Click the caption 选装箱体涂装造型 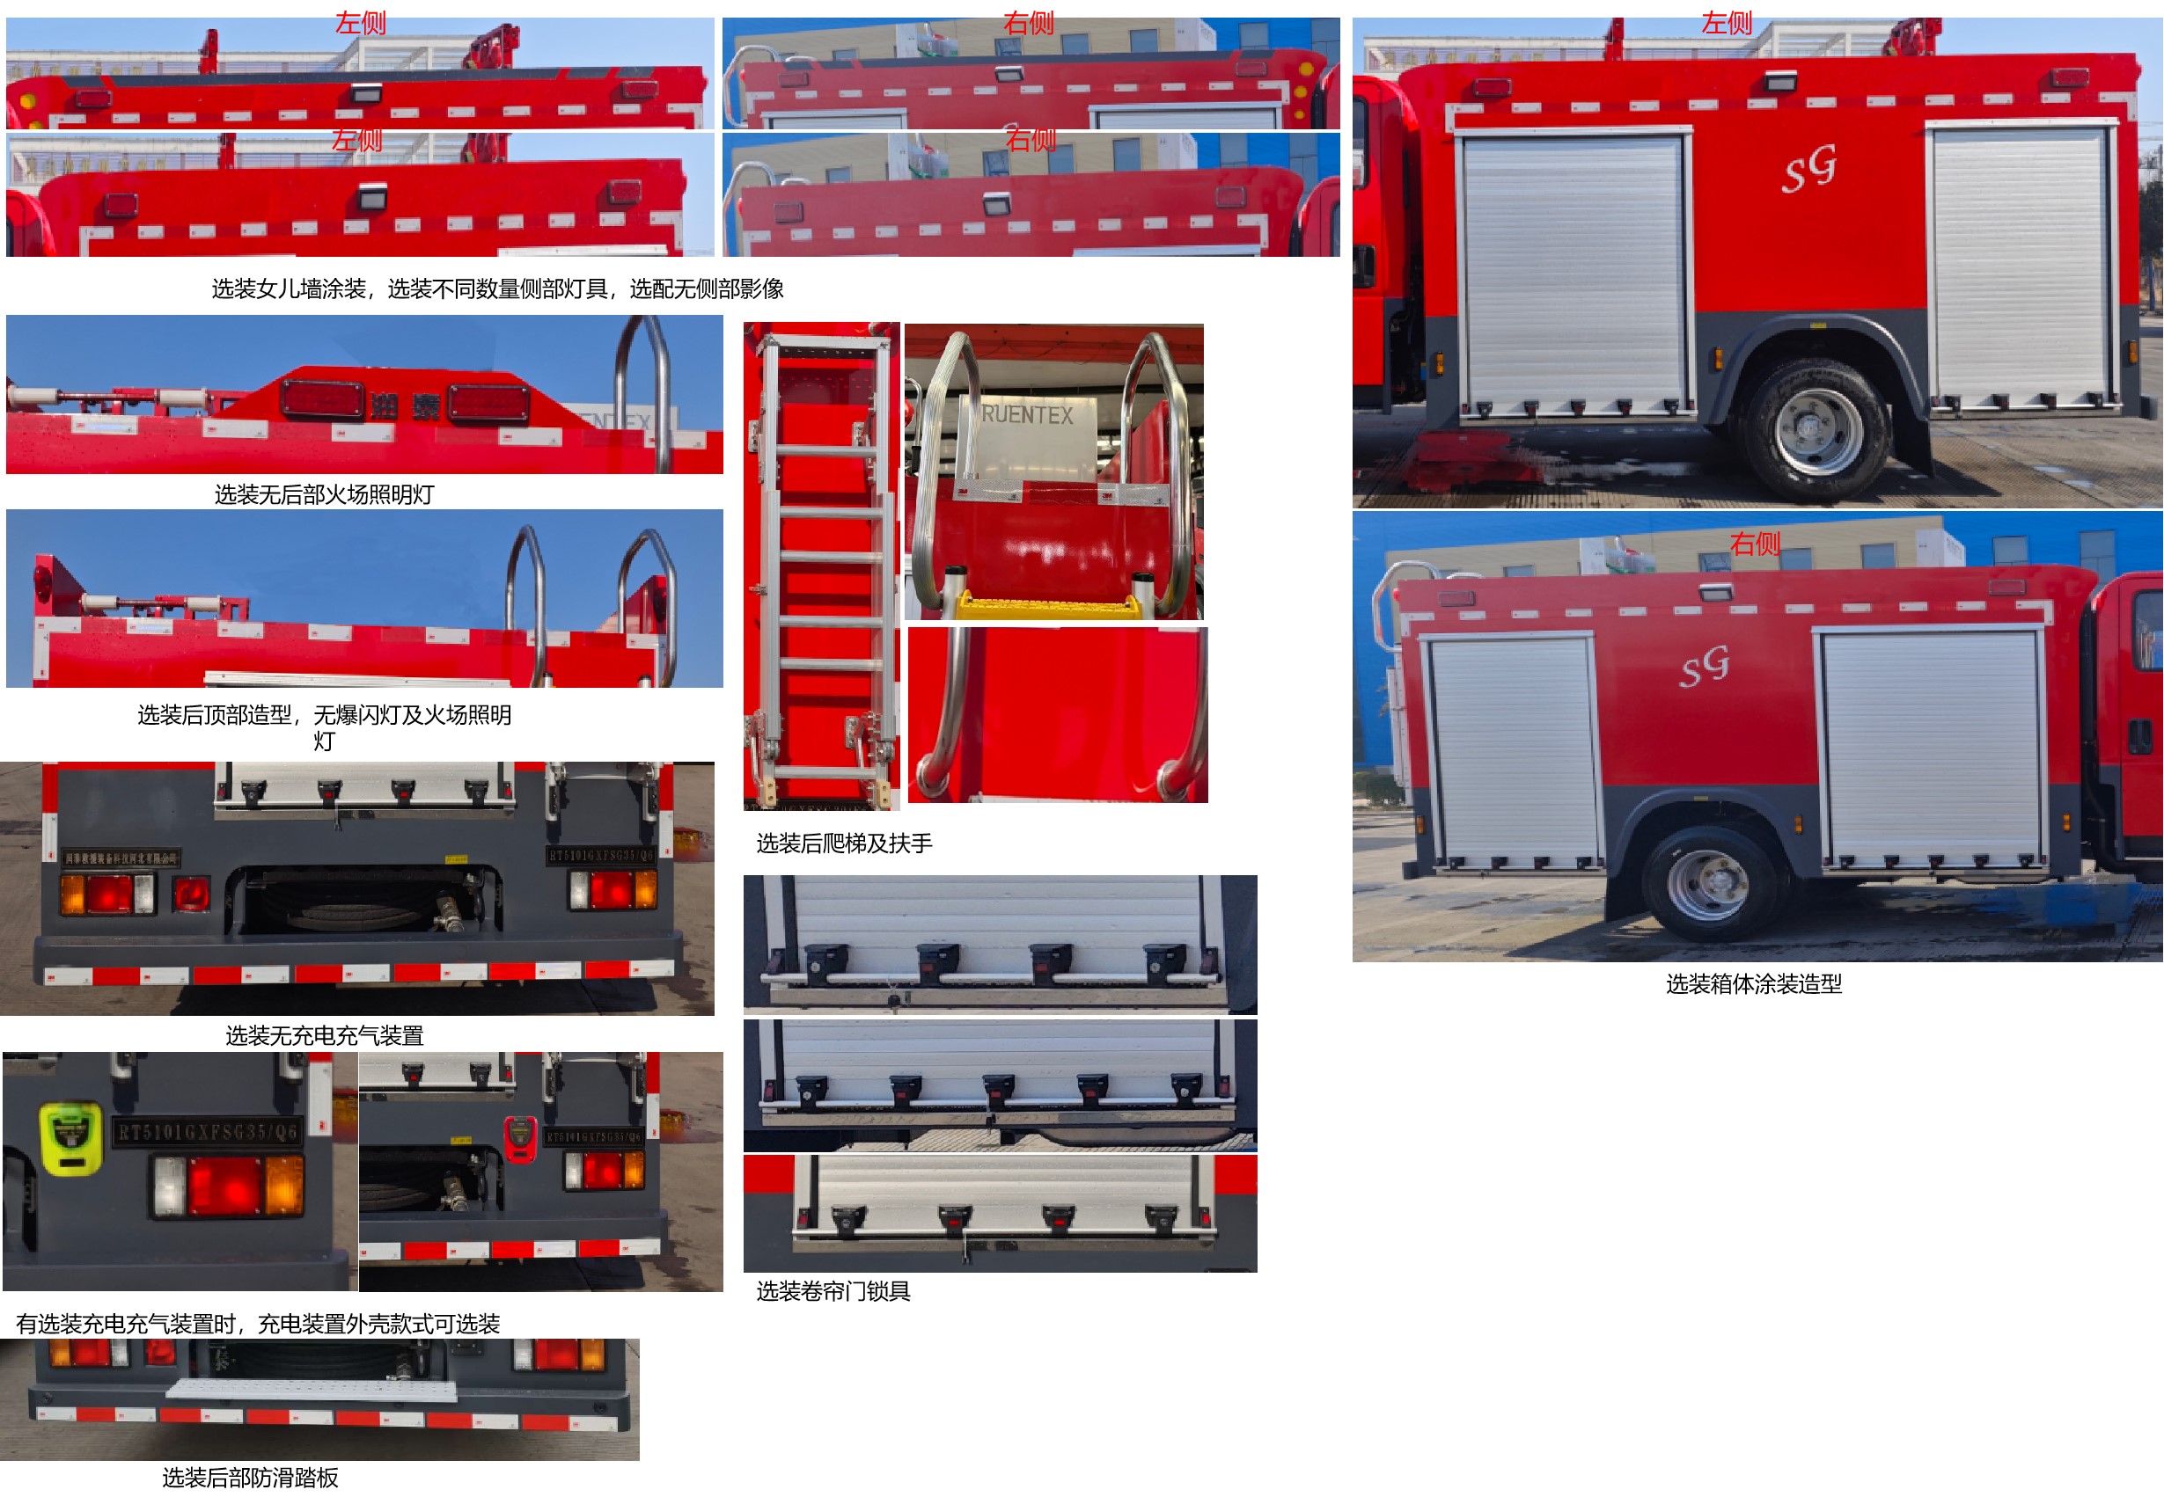pyautogui.click(x=1753, y=984)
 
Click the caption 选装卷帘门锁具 pyautogui.click(x=833, y=1291)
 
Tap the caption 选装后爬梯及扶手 pyautogui.click(x=844, y=843)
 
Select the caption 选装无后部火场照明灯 pyautogui.click(x=324, y=494)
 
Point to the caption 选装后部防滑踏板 pyautogui.click(x=250, y=1478)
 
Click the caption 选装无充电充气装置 pyautogui.click(x=324, y=1035)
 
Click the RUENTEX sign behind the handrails pyautogui.click(x=1027, y=414)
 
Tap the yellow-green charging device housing pyautogui.click(x=71, y=1138)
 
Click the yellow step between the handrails pyautogui.click(x=1047, y=608)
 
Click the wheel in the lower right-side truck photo pyautogui.click(x=1706, y=884)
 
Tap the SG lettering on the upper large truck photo pyautogui.click(x=1808, y=170)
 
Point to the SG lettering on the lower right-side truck pyautogui.click(x=1704, y=667)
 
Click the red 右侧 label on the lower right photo pyautogui.click(x=1754, y=543)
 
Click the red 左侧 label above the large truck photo pyautogui.click(x=1726, y=23)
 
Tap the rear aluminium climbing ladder pyautogui.click(x=824, y=563)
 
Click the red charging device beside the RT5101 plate pyautogui.click(x=520, y=1139)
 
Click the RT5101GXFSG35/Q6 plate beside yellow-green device pyautogui.click(x=208, y=1132)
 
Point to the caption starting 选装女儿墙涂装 pyautogui.click(x=496, y=288)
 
